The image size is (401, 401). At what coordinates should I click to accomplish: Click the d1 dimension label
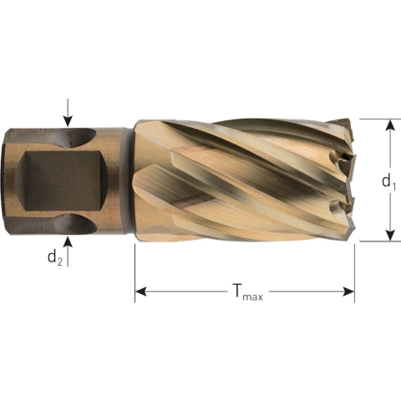(x=387, y=180)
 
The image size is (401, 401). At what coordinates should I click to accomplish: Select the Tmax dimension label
(x=246, y=292)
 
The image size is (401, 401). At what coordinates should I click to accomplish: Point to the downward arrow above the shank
(x=68, y=115)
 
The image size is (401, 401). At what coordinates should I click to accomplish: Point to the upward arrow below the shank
(x=68, y=246)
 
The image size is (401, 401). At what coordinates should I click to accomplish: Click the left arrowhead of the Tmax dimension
(x=141, y=292)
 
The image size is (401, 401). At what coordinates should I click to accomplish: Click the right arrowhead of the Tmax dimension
(x=348, y=292)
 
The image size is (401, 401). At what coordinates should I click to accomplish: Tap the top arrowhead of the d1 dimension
(x=388, y=124)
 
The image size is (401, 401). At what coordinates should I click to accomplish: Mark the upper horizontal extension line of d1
(x=376, y=119)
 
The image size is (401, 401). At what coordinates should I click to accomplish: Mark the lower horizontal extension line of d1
(x=376, y=242)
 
